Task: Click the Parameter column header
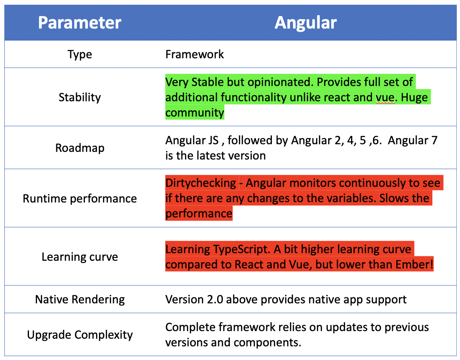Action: click(80, 22)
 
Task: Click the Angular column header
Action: click(306, 22)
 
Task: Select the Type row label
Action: click(80, 54)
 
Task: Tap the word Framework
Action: click(195, 54)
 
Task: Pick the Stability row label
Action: click(80, 97)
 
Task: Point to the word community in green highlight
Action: click(195, 112)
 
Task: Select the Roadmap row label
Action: click(80, 148)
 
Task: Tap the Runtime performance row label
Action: click(80, 198)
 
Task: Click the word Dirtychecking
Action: click(201, 183)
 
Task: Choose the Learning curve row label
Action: click(80, 257)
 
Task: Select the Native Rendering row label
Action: click(80, 299)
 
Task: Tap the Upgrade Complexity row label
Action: click(80, 335)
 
